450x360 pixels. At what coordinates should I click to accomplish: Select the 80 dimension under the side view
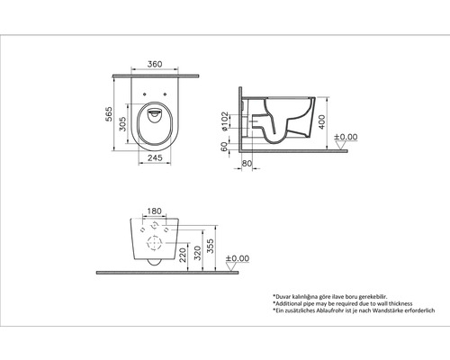coord(247,163)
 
